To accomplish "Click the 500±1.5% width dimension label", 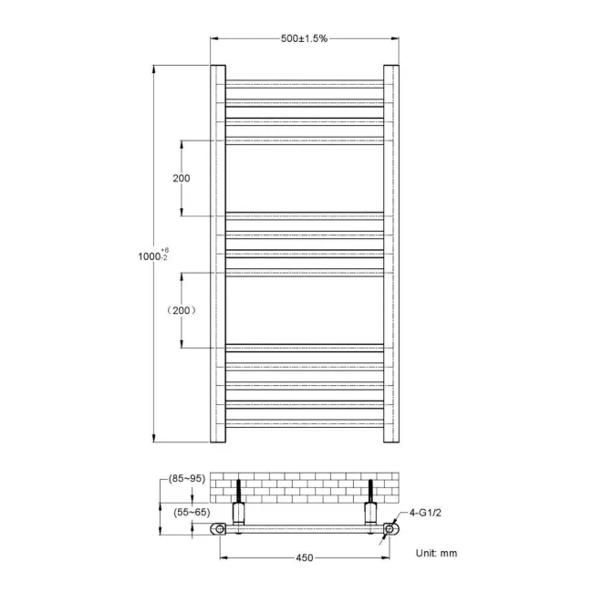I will pyautogui.click(x=304, y=38).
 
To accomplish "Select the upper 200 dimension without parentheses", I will pyautogui.click(x=182, y=178).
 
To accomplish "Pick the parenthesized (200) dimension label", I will pyautogui.click(x=182, y=310).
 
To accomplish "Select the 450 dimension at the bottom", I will pyautogui.click(x=305, y=557).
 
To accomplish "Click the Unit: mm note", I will pyautogui.click(x=435, y=553).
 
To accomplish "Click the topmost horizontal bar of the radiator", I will pyautogui.click(x=304, y=83).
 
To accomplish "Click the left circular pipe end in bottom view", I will pyautogui.click(x=219, y=528).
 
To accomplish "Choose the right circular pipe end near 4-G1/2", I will pyautogui.click(x=390, y=528).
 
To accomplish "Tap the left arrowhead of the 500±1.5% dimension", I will pyautogui.click(x=215, y=38).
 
